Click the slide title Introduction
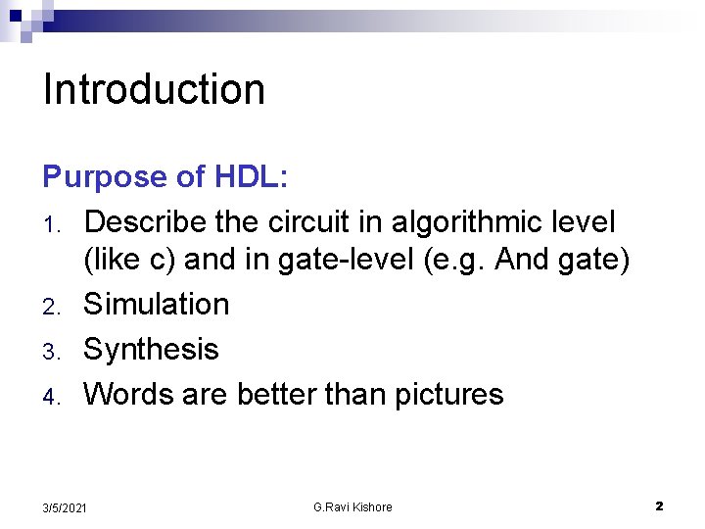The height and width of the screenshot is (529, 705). coord(155,89)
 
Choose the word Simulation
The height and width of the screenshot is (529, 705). coord(157,305)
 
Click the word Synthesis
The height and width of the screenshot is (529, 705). coord(151,350)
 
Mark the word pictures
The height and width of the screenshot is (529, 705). coord(448,395)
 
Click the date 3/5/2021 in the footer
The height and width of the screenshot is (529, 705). coord(65,507)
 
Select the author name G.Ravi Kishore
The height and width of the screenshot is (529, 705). coord(352,507)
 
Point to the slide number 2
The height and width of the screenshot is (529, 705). coord(659,506)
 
